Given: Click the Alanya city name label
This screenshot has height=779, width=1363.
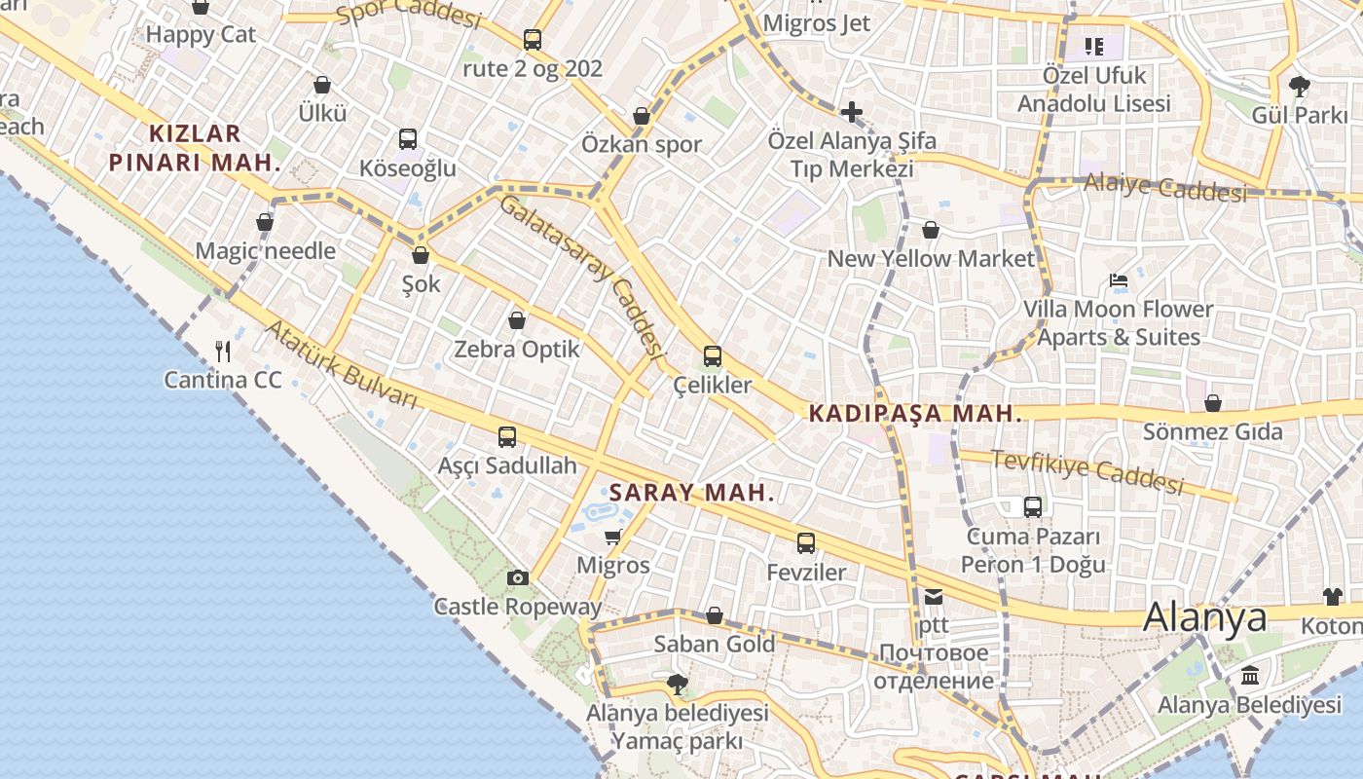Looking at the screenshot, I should coord(1205,617).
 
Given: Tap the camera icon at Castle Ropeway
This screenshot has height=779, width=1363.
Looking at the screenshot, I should coord(518,577).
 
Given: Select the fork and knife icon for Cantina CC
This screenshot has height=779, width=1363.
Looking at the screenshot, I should coord(223,351).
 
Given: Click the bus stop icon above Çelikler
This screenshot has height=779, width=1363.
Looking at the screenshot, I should coord(713,356).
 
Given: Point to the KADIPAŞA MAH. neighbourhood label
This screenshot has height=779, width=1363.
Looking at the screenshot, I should coord(916,414).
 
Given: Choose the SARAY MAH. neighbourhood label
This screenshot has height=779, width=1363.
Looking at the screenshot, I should coord(691,493).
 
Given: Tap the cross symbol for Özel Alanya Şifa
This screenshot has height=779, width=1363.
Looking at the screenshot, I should coord(852,112).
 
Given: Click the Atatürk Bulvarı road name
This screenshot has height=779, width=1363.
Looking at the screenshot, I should coord(341,365).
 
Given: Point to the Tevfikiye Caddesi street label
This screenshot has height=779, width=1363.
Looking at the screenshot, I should coord(1087,470).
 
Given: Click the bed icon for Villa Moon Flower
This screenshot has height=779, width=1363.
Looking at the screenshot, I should coord(1119,281).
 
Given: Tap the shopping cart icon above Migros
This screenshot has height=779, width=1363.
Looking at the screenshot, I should coord(612,537).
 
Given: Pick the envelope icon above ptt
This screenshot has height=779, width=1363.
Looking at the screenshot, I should coord(934,597).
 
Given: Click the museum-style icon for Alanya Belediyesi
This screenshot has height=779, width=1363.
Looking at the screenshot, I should coord(1250,675).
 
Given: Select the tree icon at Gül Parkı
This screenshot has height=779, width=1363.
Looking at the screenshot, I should coord(1299,86).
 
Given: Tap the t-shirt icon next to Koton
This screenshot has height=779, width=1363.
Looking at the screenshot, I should coord(1332,596).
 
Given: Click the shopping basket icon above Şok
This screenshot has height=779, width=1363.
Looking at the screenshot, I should coord(421,255).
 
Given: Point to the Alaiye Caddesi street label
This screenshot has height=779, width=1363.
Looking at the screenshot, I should coord(1164,187).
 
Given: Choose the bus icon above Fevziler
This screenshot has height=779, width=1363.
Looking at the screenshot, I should coord(806,543).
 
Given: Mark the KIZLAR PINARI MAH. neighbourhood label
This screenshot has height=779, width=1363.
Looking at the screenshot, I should coord(195,148).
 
